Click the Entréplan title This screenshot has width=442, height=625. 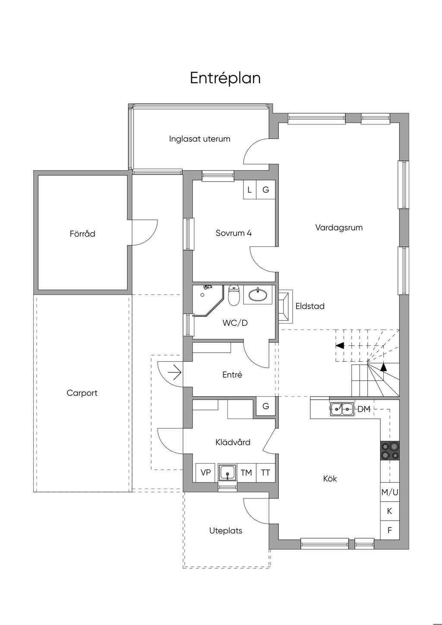(225, 79)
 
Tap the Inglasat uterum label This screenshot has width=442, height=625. (199, 139)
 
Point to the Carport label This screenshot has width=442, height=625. (82, 393)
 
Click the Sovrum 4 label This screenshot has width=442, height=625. (234, 233)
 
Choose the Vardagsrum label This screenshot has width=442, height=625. (339, 227)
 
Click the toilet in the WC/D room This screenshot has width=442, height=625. (234, 295)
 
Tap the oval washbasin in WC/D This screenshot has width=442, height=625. (257, 295)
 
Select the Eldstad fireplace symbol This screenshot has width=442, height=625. (285, 306)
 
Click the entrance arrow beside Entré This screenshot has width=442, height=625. (175, 372)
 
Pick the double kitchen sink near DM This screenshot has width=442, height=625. (342, 409)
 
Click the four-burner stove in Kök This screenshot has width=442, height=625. (390, 450)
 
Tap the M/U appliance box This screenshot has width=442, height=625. (390, 492)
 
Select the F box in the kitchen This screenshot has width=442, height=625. (390, 530)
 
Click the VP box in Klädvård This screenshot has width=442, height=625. (205, 472)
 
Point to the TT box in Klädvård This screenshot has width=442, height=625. (265, 472)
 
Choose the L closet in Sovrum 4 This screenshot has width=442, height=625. (250, 190)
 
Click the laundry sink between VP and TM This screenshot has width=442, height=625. (228, 473)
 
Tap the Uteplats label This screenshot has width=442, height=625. (226, 530)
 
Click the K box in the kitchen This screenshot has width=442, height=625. (390, 511)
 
